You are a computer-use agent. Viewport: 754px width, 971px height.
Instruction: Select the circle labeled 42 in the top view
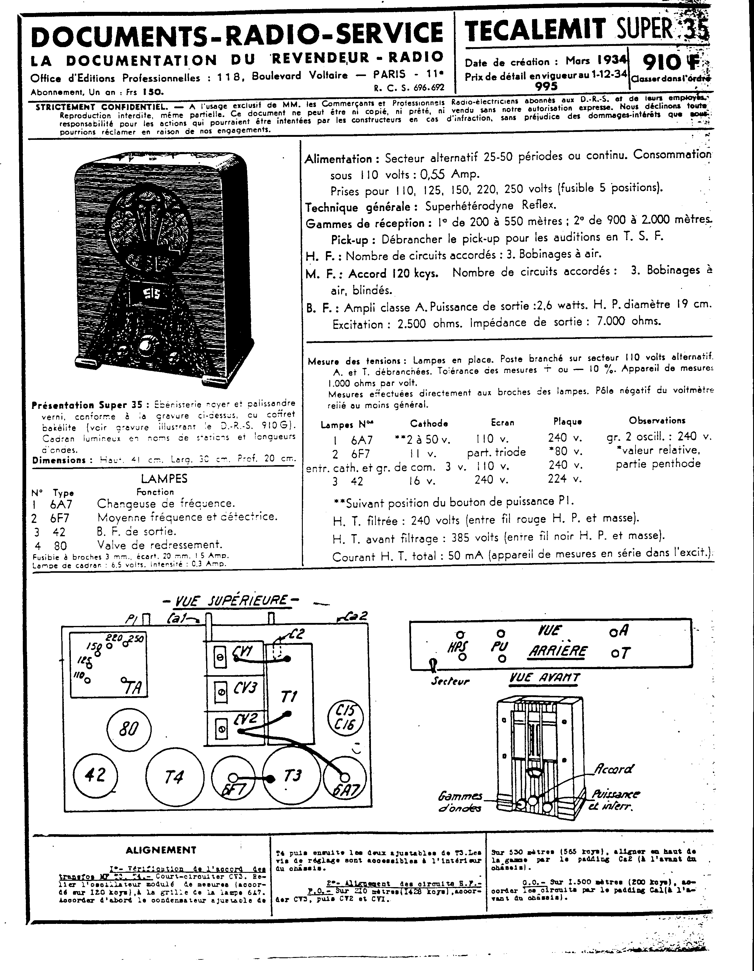click(x=95, y=775)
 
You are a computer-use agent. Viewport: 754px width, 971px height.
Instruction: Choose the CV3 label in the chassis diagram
click(x=245, y=688)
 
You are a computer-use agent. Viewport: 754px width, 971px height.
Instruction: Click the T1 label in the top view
click(x=289, y=696)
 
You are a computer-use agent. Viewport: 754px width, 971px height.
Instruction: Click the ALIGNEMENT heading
click(x=161, y=850)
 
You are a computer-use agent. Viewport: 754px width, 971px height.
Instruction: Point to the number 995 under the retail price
click(x=546, y=86)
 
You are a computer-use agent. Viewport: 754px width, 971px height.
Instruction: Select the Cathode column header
click(x=429, y=423)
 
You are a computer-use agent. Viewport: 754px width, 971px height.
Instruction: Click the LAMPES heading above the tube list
click(x=164, y=479)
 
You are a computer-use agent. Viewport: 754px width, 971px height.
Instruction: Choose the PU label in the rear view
click(x=500, y=646)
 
